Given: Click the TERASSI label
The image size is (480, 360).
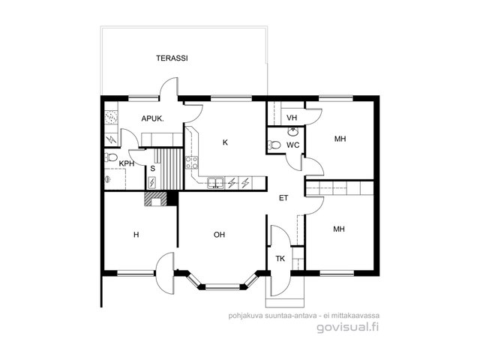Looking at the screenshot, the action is [172, 58].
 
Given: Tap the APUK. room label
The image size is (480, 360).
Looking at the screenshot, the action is [152, 118].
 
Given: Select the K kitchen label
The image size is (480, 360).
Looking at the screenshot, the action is [225, 142].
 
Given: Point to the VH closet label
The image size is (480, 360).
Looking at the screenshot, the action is [292, 118].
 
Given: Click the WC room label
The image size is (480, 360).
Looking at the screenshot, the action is [293, 145].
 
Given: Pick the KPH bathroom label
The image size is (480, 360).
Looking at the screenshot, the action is [127, 163].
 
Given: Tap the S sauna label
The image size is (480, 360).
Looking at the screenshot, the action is [153, 168].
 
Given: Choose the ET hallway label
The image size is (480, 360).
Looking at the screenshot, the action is [283, 198].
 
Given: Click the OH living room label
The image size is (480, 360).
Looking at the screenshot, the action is [219, 235].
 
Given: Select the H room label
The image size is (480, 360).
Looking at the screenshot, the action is [136, 235].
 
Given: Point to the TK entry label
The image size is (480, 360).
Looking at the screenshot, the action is [280, 259].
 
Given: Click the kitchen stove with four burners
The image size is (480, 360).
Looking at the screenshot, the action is [192, 163].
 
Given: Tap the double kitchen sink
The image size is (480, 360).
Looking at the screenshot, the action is [215, 183].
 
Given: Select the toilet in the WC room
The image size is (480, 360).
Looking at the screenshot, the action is [274, 145].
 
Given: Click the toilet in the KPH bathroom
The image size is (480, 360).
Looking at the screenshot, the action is [111, 157].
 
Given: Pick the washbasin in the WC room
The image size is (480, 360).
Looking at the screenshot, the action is [293, 132].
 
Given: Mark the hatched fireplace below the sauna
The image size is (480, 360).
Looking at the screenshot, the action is [155, 199].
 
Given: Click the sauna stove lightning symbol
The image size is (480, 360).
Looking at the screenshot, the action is [151, 183].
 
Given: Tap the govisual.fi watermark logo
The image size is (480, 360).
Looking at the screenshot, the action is [348, 328].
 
